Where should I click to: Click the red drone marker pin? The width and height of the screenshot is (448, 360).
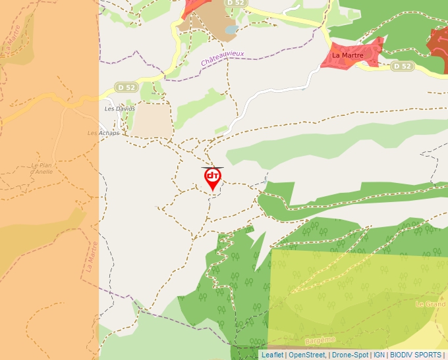point(212,178)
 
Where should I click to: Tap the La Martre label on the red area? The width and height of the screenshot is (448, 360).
point(347,55)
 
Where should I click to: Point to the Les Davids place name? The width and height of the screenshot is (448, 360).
point(120,109)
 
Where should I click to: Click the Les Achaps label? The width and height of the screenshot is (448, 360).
point(103,133)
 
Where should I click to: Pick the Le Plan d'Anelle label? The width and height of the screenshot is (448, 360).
point(41,168)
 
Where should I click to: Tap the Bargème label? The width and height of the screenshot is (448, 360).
point(320,340)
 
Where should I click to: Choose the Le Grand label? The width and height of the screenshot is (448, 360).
point(430,304)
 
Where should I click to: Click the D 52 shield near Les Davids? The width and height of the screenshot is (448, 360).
point(125,86)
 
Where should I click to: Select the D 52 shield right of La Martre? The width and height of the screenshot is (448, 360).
point(401,66)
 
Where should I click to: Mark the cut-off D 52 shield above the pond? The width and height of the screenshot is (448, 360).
point(235,3)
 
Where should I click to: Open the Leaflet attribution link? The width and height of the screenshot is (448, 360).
point(272,355)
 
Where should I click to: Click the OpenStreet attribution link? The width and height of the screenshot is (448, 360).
point(306,355)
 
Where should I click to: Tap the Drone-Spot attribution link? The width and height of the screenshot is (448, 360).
point(350,355)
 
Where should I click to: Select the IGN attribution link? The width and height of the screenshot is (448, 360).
point(379,355)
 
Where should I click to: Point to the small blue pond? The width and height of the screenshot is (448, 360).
point(230,29)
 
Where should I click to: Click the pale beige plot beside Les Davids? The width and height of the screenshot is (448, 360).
point(150,119)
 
